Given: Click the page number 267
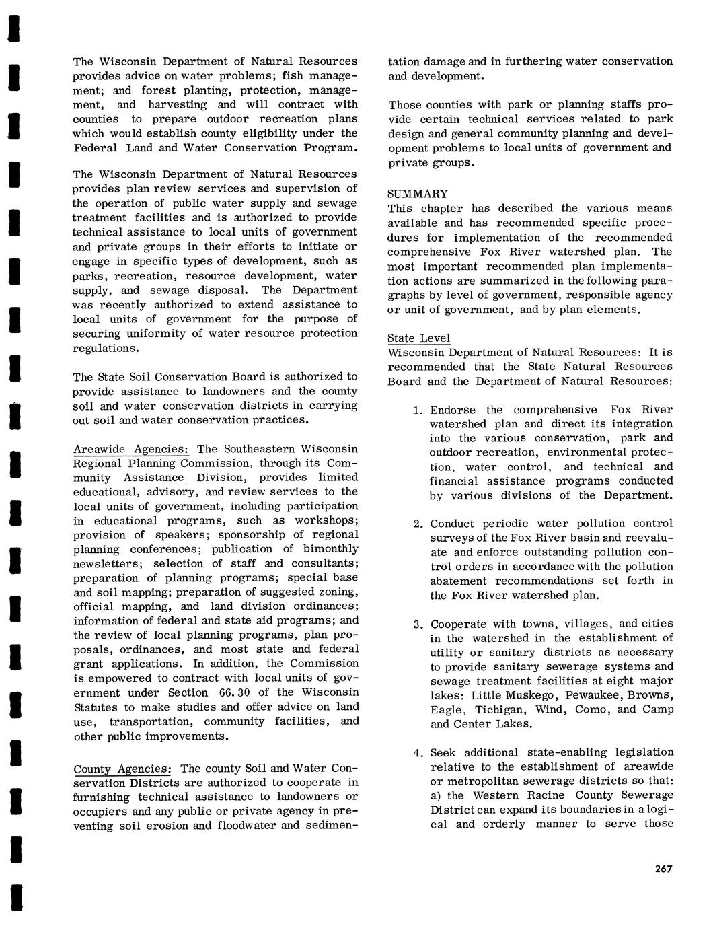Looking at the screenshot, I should [x=663, y=869].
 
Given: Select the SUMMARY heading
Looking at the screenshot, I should [x=418, y=194].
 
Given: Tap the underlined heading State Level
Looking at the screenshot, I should [x=419, y=338].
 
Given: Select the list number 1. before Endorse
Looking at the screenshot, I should [x=418, y=410].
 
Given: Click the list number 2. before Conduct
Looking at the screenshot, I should [x=418, y=524].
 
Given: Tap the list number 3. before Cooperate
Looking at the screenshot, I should [x=418, y=624].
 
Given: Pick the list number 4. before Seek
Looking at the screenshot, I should [x=418, y=752].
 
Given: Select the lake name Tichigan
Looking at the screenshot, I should [x=501, y=710].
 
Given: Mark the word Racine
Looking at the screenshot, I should [x=530, y=795].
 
